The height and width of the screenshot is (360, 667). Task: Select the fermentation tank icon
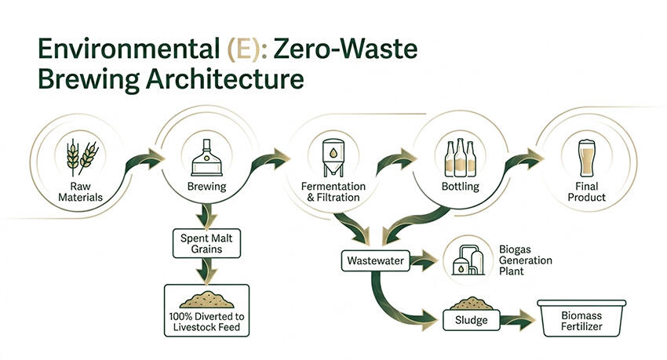[333, 158]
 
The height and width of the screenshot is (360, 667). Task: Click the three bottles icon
[460, 158]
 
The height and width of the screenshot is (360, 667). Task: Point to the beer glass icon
[587, 158]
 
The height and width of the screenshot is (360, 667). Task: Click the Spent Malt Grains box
[206, 244]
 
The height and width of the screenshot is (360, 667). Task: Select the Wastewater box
[376, 260]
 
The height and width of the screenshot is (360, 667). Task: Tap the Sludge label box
[471, 320]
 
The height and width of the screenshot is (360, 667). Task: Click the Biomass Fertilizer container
[581, 318]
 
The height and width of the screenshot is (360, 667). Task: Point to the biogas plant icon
[468, 260]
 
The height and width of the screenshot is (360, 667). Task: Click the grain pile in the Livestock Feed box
[206, 300]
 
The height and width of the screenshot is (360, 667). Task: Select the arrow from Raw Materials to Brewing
[144, 162]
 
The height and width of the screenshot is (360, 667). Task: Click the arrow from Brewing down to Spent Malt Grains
[206, 216]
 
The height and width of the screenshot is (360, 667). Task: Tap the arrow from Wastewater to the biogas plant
[424, 260]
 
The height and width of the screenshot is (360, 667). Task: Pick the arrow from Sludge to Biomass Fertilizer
[517, 320]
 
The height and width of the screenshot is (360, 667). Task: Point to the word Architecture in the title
[225, 78]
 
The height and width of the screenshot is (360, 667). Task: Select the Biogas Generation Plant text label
[525, 260]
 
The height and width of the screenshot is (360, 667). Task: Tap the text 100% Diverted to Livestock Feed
[206, 322]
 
